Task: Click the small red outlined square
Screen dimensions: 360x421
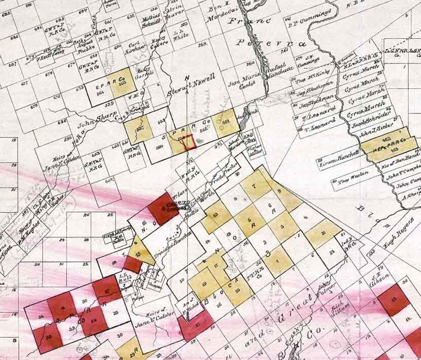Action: point(188,142)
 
